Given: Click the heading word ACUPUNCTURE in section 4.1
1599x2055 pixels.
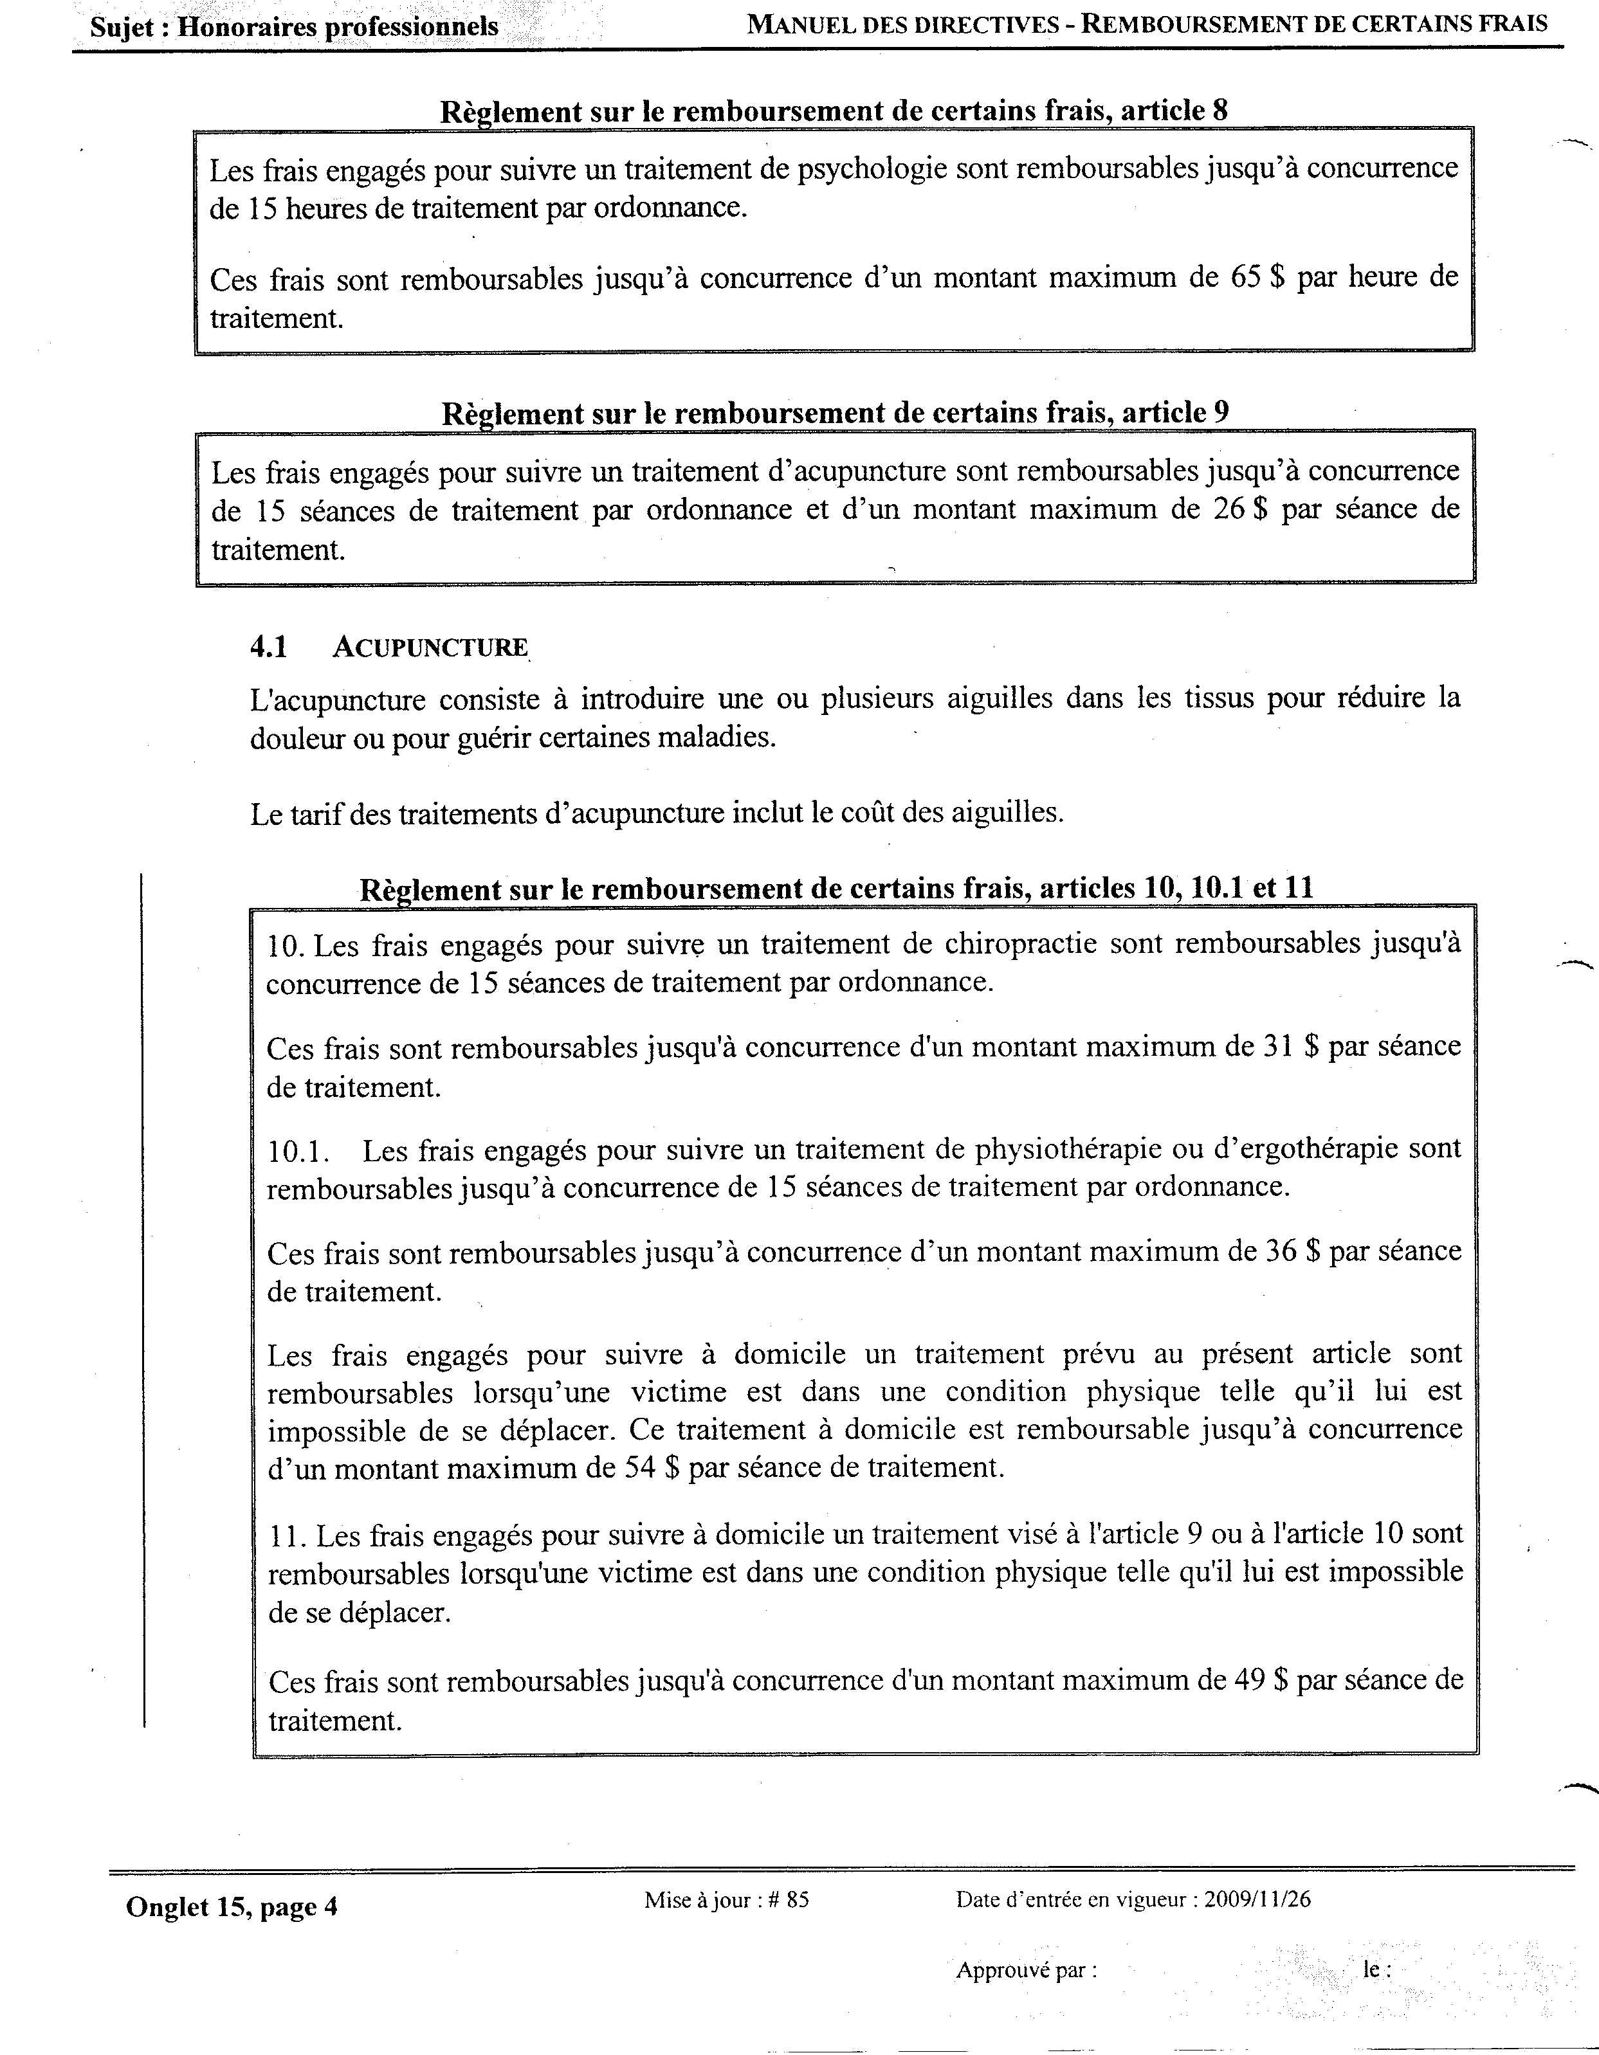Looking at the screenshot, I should click(x=430, y=647).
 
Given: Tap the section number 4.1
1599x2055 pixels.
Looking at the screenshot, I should click(x=269, y=647).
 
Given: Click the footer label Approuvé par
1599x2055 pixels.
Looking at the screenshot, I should click(x=1026, y=1969).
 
